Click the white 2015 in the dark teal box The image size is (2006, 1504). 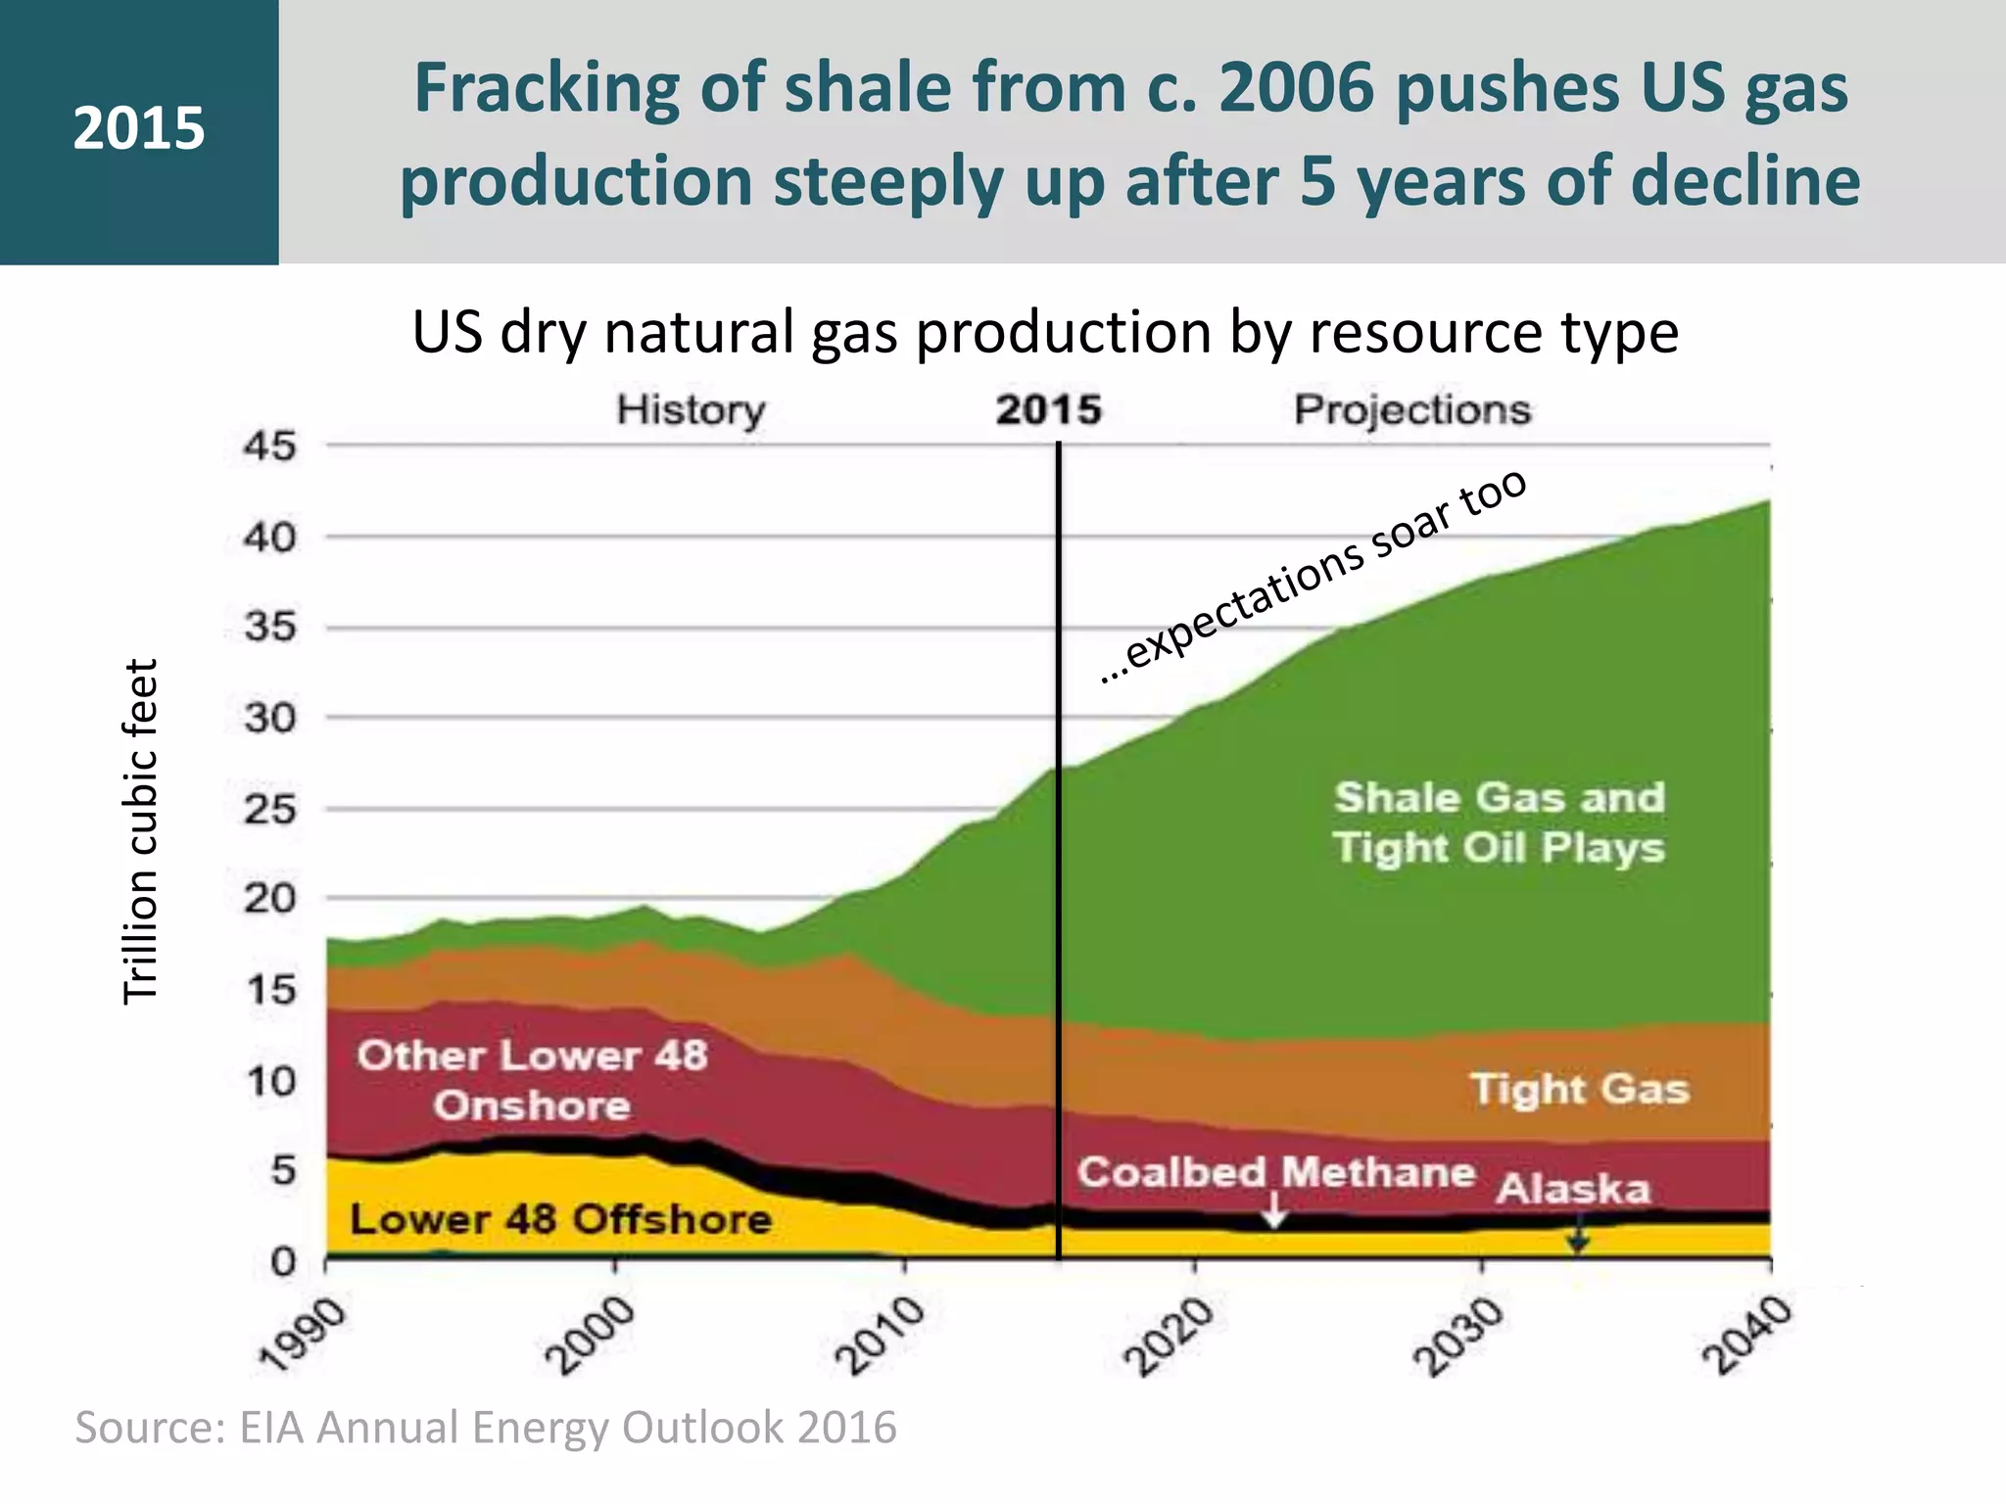(x=139, y=129)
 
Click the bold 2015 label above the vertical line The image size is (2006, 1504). (x=1048, y=409)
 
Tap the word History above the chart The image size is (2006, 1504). (x=691, y=409)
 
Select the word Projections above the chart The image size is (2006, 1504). (x=1411, y=409)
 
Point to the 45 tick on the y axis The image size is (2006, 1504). (x=269, y=446)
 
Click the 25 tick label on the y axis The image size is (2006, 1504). (x=269, y=809)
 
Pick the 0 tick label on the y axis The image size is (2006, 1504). (x=283, y=1261)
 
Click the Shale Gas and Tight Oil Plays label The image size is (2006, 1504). (x=1499, y=822)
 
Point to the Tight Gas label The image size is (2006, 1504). (x=1579, y=1089)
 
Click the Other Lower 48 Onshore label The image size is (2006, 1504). (x=532, y=1080)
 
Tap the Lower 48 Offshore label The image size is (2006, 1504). (x=560, y=1220)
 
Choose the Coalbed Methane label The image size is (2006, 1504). (x=1275, y=1172)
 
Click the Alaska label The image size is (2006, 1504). (x=1573, y=1189)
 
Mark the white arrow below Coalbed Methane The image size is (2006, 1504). (x=1273, y=1211)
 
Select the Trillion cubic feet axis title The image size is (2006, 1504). (x=140, y=831)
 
